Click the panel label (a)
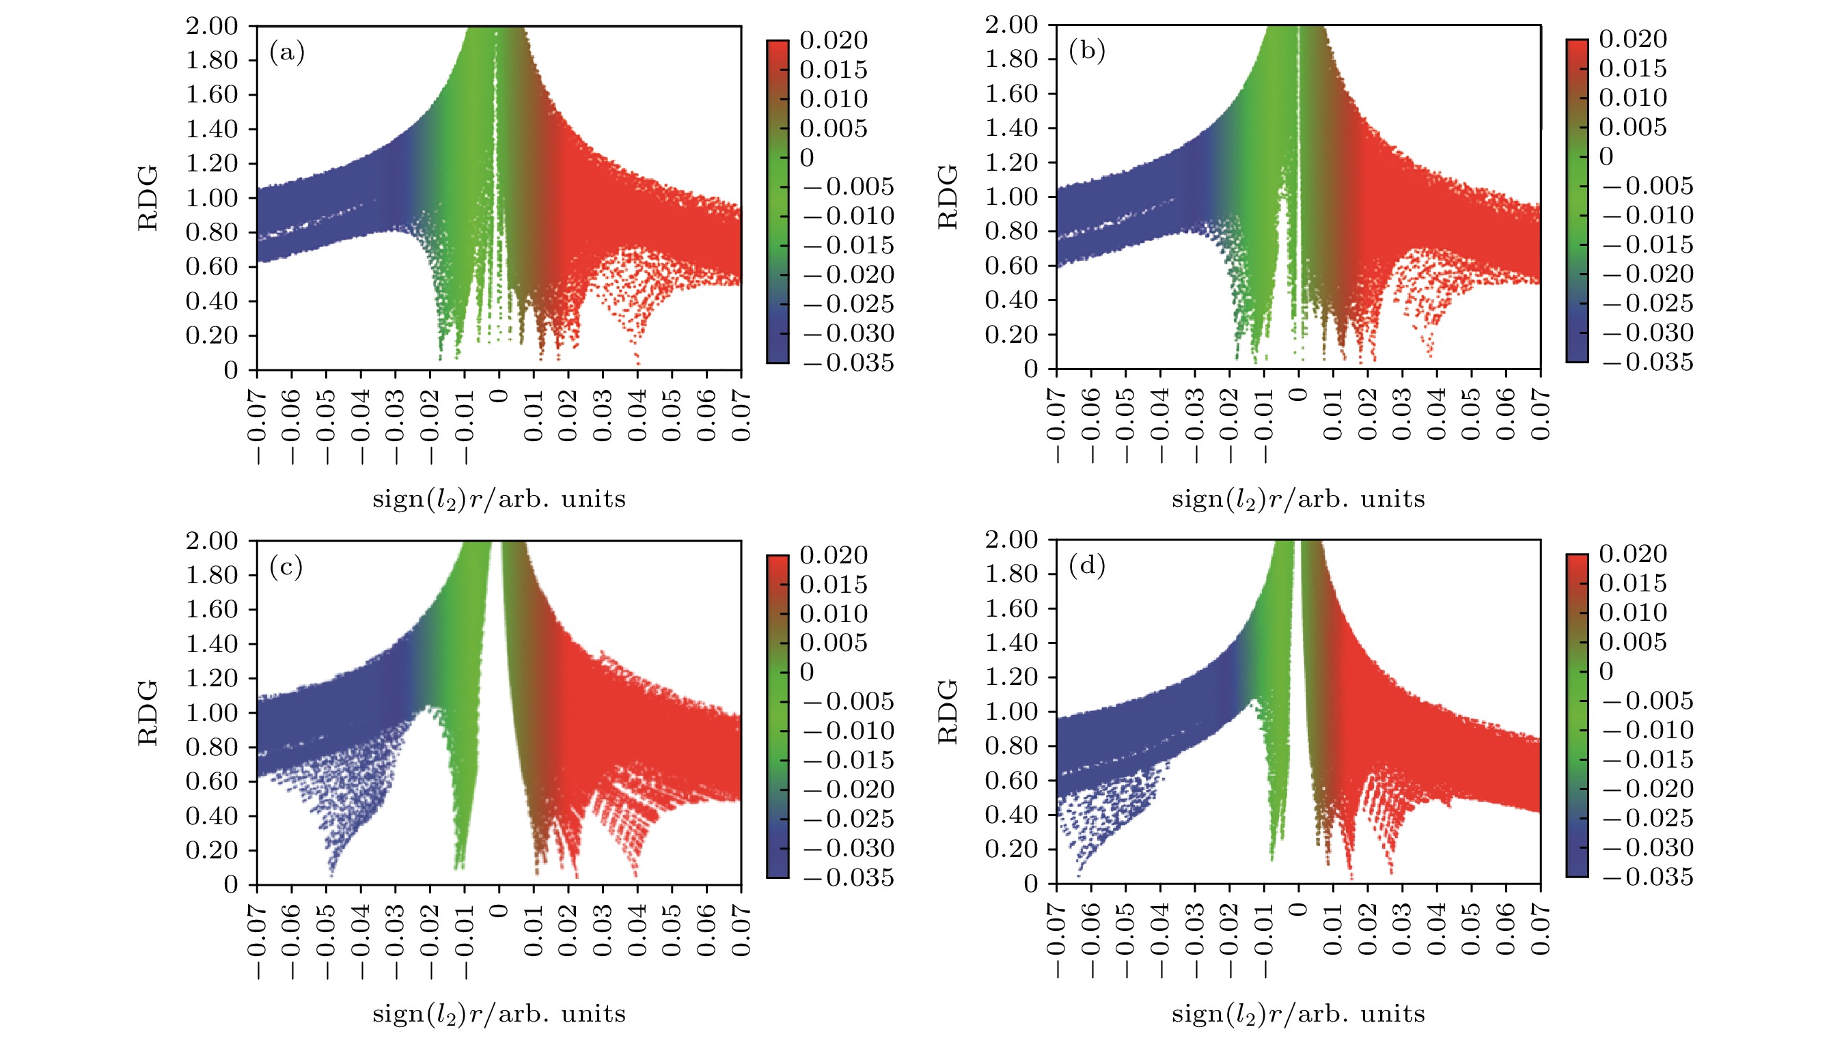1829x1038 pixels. (287, 53)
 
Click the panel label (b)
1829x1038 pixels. (1087, 51)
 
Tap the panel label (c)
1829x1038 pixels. (287, 567)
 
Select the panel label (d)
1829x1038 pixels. (1087, 566)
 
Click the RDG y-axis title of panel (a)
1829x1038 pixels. (148, 198)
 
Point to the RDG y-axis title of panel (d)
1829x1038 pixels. (948, 712)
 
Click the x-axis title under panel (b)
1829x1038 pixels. (1297, 499)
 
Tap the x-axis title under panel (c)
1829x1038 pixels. (499, 1013)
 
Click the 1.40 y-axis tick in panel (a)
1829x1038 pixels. (211, 129)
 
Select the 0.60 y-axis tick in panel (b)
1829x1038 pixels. (1011, 265)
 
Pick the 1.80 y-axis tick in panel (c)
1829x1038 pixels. (211, 574)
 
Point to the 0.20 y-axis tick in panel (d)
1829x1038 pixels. (1011, 848)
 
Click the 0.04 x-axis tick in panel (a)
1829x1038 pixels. (637, 415)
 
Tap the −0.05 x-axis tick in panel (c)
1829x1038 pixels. (326, 941)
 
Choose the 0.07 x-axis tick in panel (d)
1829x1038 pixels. (1540, 929)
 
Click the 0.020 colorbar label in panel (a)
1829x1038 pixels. (833, 41)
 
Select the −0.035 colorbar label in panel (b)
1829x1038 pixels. (1647, 362)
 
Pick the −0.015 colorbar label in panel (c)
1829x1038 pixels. (849, 760)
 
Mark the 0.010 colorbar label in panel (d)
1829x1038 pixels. (1633, 613)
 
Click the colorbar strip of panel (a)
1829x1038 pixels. (778, 201)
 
